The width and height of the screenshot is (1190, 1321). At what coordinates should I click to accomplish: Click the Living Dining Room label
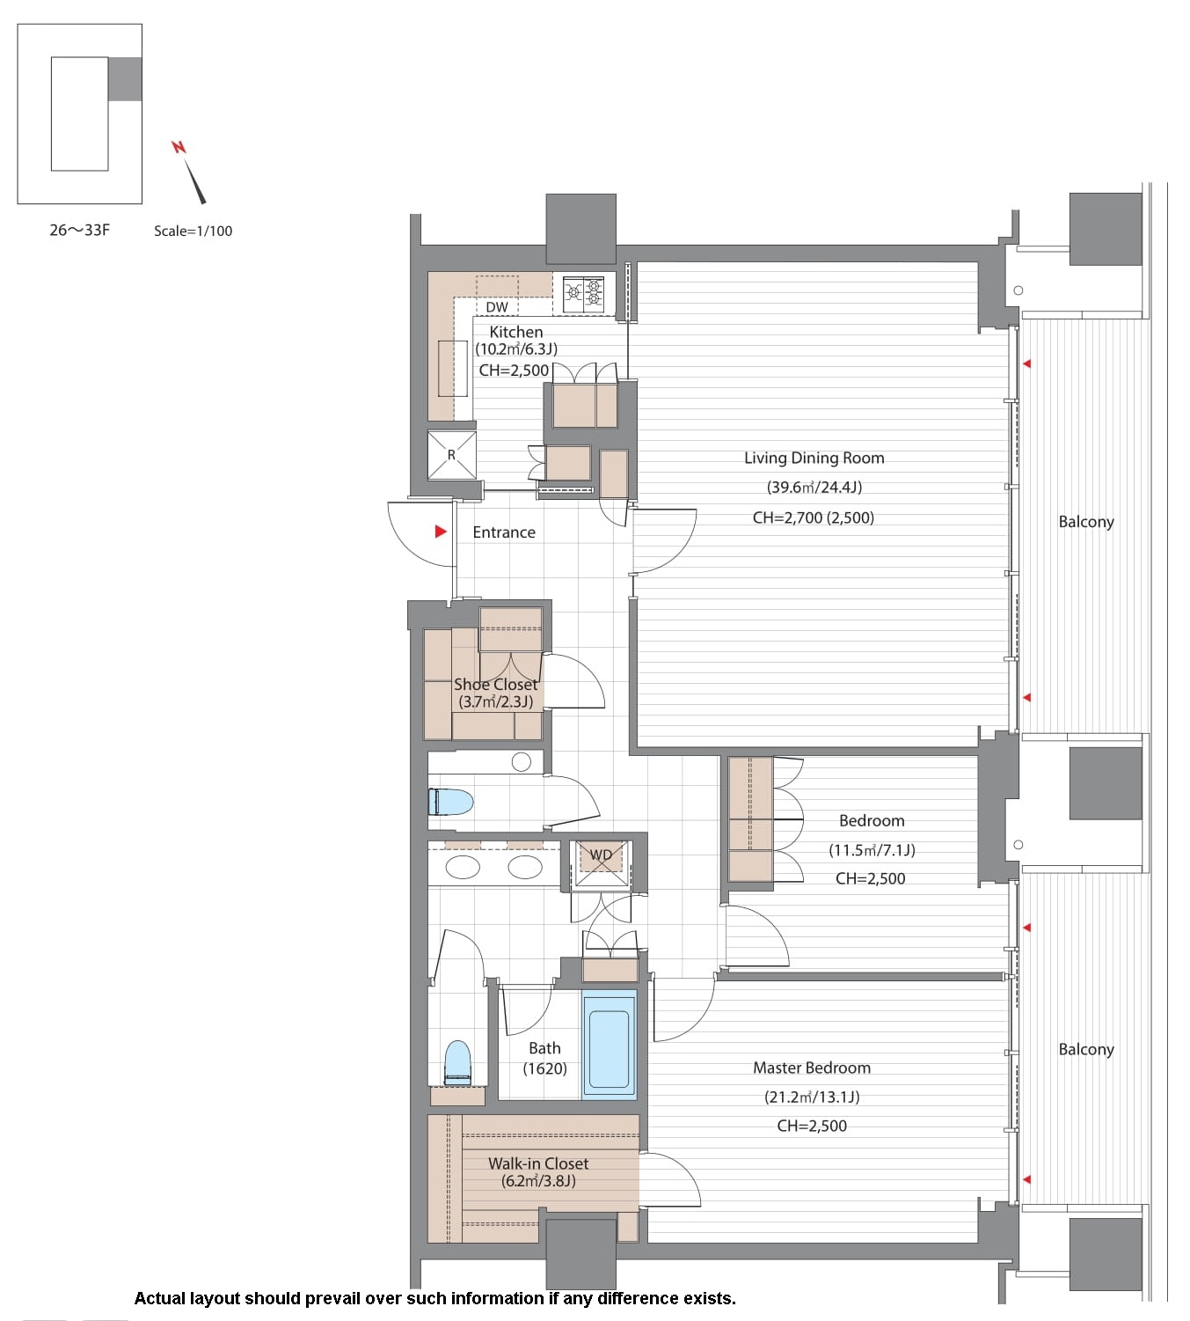point(814,458)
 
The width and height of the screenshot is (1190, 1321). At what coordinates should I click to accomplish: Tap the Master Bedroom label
point(812,1068)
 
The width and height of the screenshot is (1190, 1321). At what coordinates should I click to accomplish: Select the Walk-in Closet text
point(537,1163)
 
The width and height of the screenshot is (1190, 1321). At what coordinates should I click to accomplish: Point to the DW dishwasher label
point(497,307)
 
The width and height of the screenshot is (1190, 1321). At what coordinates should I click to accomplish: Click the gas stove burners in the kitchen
point(584,292)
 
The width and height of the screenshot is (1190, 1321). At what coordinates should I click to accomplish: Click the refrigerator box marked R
point(451,454)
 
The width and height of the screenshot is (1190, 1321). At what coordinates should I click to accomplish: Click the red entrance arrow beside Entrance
point(441,532)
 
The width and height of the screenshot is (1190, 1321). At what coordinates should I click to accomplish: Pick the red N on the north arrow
point(179,147)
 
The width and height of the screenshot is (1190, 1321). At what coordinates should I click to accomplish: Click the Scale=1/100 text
point(193,231)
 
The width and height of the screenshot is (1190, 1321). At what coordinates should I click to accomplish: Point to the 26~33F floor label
point(80,230)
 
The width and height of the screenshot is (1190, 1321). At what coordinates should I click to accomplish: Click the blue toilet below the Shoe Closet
point(450,802)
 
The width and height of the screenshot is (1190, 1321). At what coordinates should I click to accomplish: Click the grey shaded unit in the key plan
point(125,79)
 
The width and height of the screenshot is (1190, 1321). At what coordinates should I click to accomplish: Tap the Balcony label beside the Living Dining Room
point(1086,522)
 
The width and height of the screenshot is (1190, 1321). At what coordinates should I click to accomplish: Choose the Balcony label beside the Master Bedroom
point(1086,1049)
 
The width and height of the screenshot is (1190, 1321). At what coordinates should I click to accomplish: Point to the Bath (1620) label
point(545,1058)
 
